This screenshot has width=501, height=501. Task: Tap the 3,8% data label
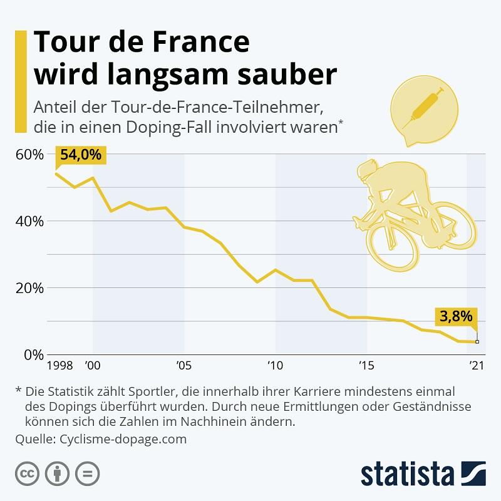(x=455, y=317)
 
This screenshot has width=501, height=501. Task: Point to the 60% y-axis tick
(x=28, y=155)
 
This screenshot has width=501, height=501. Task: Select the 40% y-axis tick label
(x=28, y=222)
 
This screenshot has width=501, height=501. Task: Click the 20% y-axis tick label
(x=28, y=289)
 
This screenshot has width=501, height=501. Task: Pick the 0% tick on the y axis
(x=33, y=355)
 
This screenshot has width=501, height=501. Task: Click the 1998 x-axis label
(x=60, y=365)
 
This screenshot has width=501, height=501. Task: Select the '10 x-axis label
(x=275, y=365)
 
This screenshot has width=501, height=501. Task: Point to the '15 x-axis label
(x=367, y=365)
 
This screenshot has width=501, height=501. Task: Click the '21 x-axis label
(x=477, y=365)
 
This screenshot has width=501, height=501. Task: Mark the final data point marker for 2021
(x=477, y=342)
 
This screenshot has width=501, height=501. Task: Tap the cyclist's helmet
(x=369, y=168)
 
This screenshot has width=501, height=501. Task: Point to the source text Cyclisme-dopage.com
(x=123, y=439)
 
